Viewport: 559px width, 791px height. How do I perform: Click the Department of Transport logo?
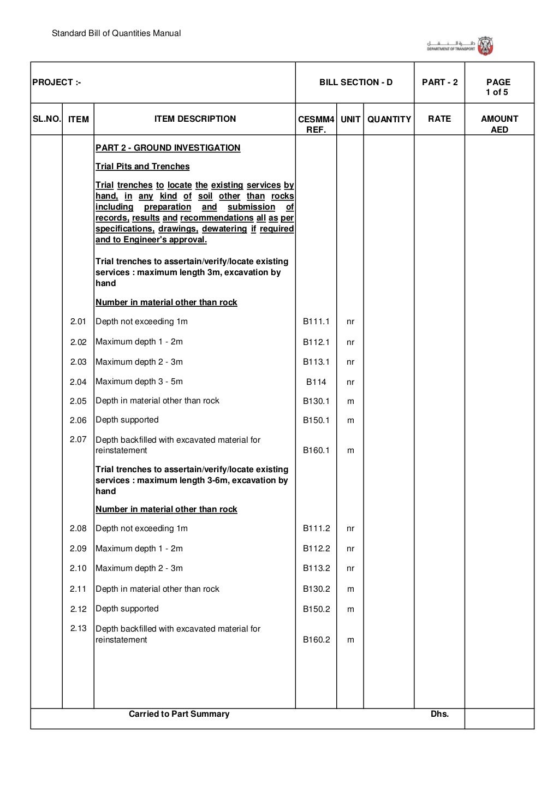460,46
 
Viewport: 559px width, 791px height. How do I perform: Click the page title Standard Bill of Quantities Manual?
116,33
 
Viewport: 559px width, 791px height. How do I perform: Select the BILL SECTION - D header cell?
355,82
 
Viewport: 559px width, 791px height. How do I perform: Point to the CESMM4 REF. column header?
316,124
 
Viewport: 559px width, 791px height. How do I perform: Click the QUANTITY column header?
389,119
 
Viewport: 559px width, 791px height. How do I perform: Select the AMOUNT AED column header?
499,124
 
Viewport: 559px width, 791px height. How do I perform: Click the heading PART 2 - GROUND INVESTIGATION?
168,148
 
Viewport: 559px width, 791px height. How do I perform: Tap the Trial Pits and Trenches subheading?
142,166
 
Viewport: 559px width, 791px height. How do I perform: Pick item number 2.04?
78,382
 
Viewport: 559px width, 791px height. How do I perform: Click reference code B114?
316,382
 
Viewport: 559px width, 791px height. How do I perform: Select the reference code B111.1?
316,322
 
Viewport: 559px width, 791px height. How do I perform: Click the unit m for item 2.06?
350,420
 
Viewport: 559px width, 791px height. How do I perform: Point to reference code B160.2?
316,640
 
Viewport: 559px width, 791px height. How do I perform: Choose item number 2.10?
78,568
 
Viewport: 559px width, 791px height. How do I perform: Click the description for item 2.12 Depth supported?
127,609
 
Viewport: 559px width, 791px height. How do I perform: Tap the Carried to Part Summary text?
179,714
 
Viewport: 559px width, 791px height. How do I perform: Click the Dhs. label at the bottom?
439,714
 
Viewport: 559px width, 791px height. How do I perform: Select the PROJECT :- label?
57,82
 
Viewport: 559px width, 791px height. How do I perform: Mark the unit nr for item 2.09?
350,549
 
